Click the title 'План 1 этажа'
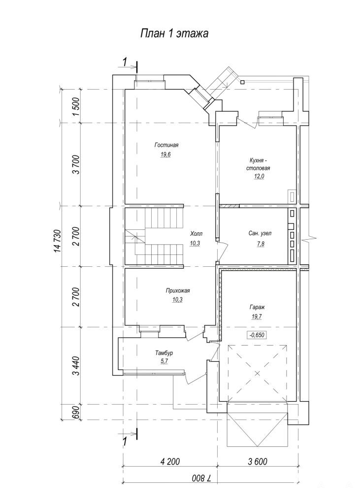coord(174,33)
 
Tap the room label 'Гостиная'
coord(166,145)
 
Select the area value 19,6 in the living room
coord(166,155)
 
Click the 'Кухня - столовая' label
coord(258,164)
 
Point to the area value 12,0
coord(259,176)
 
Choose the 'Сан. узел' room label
coord(260,233)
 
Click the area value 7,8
coord(260,244)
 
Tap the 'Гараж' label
coord(257,307)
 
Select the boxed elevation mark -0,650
coord(257,335)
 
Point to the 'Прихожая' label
coord(178,291)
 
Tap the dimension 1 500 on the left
coord(76,106)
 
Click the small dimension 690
coord(76,412)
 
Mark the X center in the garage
coord(258,374)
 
